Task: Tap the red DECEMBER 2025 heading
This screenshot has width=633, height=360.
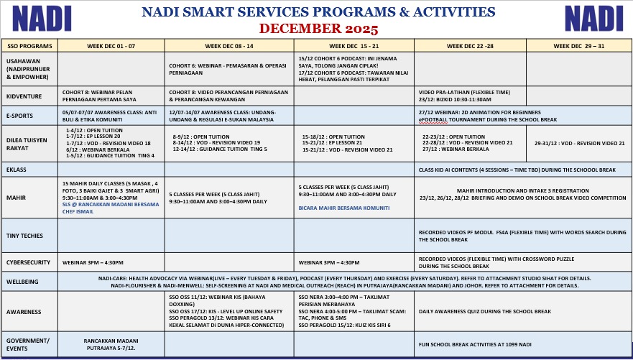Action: (x=318, y=29)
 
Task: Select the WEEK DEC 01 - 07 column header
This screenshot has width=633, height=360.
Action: (x=111, y=45)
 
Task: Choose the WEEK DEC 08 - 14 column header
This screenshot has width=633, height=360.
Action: (x=229, y=45)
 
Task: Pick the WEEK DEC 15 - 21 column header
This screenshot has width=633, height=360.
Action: (x=355, y=45)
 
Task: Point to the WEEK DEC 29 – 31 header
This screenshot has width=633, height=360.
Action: (x=578, y=45)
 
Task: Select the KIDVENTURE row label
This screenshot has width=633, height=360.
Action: (x=24, y=96)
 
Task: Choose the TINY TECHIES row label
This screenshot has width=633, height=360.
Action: (x=24, y=235)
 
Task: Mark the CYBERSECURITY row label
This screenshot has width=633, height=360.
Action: (x=29, y=262)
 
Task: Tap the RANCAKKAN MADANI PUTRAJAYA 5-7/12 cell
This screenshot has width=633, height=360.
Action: (x=111, y=343)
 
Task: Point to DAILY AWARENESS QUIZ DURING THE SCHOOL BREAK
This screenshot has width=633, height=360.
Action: (x=485, y=311)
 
